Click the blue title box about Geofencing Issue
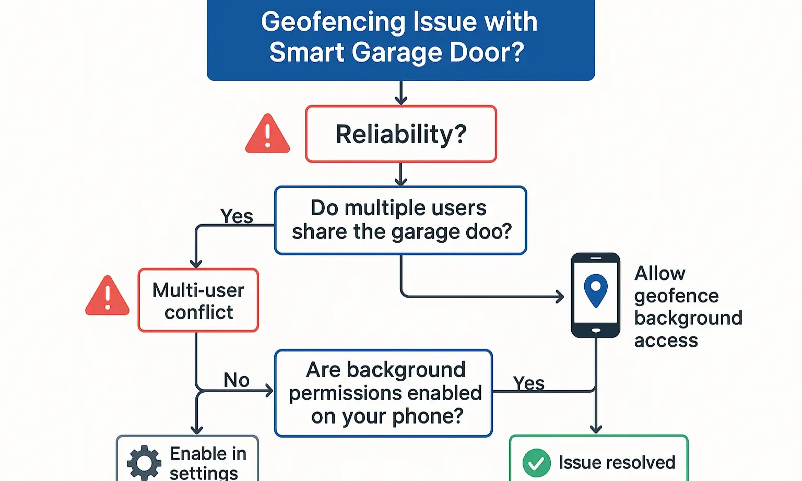click(x=400, y=39)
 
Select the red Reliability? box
click(x=400, y=134)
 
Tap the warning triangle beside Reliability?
click(x=267, y=135)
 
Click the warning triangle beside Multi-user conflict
click(x=108, y=297)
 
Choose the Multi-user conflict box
click(x=198, y=301)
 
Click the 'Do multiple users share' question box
click(x=400, y=220)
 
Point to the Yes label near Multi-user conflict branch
click(x=237, y=216)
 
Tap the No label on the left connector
click(x=237, y=380)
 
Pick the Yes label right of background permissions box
click(x=528, y=383)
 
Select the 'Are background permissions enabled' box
click(x=384, y=393)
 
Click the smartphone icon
click(x=596, y=295)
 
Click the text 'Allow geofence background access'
click(x=687, y=307)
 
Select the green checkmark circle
click(x=536, y=463)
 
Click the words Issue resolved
click(x=617, y=463)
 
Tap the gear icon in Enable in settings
click(x=144, y=463)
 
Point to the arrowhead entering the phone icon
click(x=560, y=297)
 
